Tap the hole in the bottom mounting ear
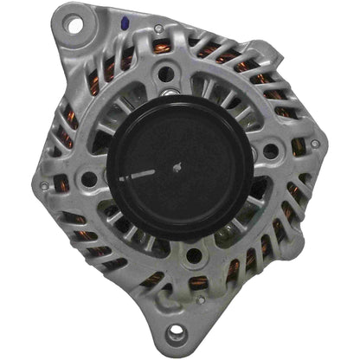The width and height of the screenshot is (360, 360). [179, 333]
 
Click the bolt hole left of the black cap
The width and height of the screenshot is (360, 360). [88, 179]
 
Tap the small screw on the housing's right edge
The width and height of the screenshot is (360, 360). [315, 144]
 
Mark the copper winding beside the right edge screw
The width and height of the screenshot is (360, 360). [299, 147]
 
